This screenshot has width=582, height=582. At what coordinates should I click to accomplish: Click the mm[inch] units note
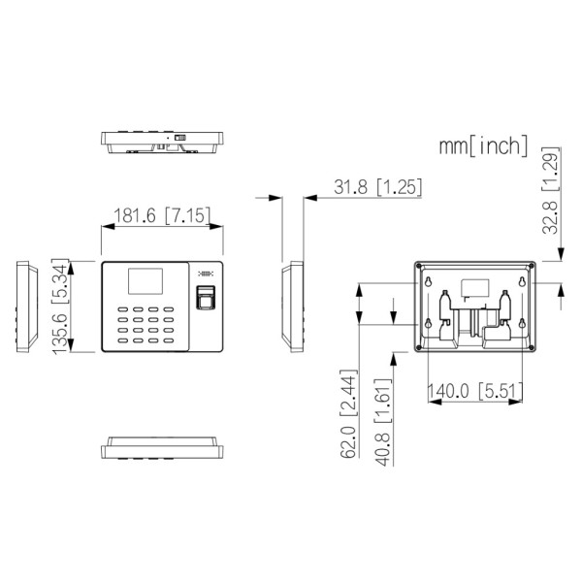(x=482, y=146)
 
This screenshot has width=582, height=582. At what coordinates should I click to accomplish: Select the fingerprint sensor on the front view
(x=207, y=299)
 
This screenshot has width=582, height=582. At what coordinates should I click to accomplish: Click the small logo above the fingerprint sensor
(x=206, y=274)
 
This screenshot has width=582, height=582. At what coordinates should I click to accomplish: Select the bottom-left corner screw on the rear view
(x=419, y=346)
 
